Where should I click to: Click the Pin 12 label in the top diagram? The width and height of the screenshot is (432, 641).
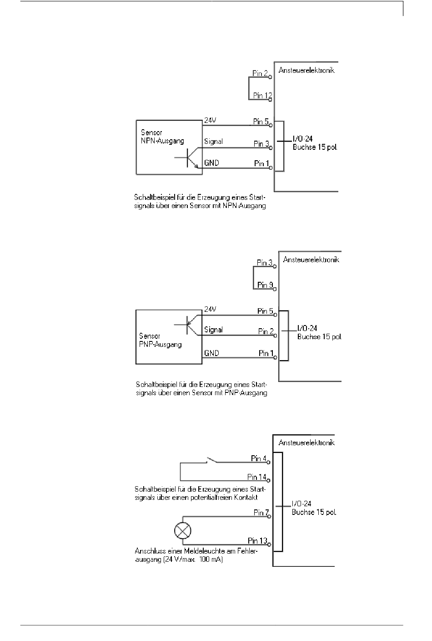[262, 95]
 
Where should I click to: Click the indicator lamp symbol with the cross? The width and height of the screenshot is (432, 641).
[183, 530]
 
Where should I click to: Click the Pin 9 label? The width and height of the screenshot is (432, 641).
[265, 285]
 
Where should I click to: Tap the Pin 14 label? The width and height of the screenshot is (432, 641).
[256, 477]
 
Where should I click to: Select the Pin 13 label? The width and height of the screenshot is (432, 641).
[257, 540]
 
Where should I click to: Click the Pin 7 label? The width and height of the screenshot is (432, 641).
[261, 513]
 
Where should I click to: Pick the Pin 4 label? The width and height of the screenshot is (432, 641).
[258, 458]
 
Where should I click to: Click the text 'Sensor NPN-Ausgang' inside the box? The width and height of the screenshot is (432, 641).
[162, 137]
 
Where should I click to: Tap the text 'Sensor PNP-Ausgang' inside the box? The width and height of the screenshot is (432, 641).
[160, 340]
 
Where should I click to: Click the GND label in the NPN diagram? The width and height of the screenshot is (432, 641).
[211, 163]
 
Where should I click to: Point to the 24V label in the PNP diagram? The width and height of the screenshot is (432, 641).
[210, 309]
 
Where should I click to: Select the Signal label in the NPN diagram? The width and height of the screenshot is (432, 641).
[213, 142]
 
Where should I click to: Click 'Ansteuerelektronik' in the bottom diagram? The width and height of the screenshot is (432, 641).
[306, 443]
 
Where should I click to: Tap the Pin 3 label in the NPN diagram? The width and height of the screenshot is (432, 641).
[261, 144]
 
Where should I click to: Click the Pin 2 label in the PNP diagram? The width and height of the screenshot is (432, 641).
[266, 331]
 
